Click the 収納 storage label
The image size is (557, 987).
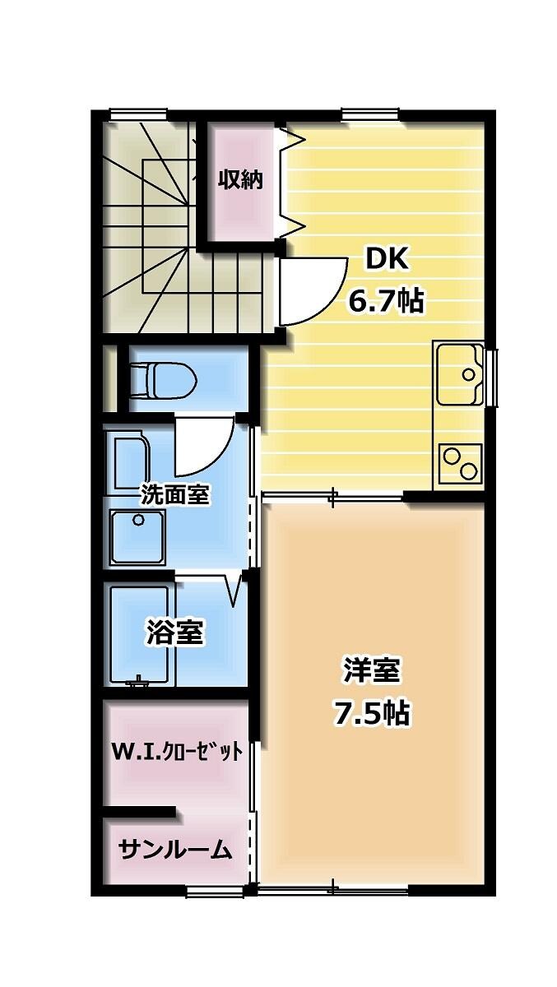tap(239, 179)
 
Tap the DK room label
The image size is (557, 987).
tap(387, 259)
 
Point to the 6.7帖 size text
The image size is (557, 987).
tap(386, 302)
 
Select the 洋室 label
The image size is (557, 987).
tap(371, 670)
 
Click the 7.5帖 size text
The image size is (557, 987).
tap(371, 713)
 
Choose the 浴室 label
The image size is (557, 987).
tap(174, 633)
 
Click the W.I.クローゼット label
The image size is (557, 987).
tap(178, 751)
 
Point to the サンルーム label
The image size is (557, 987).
tap(174, 850)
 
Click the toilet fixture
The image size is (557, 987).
tap(163, 379)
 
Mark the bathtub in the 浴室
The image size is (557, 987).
tap(139, 635)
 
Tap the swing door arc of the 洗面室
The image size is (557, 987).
tap(206, 446)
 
